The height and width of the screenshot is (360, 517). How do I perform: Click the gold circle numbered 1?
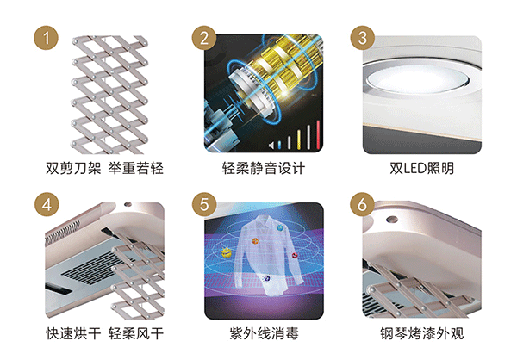47,38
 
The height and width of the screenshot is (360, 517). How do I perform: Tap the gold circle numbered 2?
204,38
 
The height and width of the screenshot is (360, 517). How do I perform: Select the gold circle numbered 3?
363,38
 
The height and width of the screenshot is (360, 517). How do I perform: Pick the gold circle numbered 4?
47,204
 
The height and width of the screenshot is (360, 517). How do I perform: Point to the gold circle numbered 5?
204,204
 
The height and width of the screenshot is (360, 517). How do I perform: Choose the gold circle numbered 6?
363,204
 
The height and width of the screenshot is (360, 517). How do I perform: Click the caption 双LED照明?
421,169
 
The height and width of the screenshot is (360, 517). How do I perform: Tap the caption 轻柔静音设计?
264,169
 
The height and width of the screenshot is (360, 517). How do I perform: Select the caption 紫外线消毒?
264,333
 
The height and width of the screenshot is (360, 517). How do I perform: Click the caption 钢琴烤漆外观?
422,333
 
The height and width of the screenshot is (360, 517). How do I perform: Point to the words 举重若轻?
136,169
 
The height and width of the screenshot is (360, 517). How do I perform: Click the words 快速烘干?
73,333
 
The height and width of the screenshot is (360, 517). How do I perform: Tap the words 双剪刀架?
73,169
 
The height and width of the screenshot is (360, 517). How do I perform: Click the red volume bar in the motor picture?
318,135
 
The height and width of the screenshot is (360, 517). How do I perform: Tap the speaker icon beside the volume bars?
271,145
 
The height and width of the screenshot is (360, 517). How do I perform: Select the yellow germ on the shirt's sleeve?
226,252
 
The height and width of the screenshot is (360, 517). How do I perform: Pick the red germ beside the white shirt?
294,256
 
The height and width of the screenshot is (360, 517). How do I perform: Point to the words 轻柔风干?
136,333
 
